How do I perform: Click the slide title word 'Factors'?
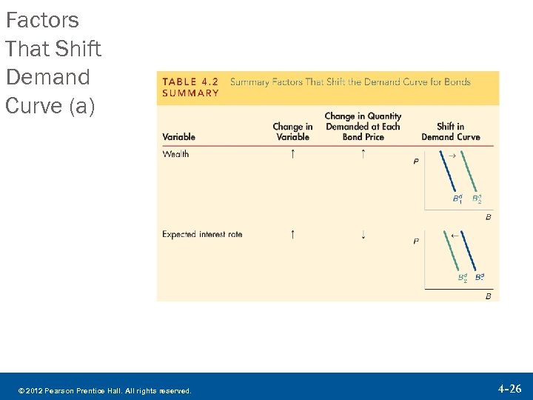point(42,20)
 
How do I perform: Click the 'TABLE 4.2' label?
point(190,81)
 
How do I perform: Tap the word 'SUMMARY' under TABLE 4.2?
point(190,93)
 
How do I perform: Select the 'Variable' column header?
point(178,137)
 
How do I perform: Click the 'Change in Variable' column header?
point(292,132)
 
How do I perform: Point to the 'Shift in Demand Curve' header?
point(450,132)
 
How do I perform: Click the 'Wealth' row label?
point(175,154)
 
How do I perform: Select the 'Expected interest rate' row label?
point(202,235)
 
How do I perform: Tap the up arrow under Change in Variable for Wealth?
point(292,154)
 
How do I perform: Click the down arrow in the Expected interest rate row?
point(363,235)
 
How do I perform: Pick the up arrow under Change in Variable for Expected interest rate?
point(292,235)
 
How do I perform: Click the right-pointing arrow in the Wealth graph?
point(452,155)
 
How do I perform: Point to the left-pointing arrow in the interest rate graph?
point(455,235)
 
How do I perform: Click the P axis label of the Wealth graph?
point(416,161)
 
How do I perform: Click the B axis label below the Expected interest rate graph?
point(488,296)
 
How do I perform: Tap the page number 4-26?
point(509,388)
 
